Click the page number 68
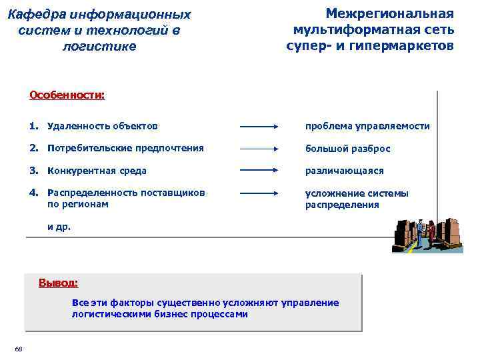pyautogui.click(x=18, y=349)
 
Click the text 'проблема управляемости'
pyautogui.click(x=367, y=126)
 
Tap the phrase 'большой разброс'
pyautogui.click(x=347, y=149)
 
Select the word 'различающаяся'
pyautogui.click(x=344, y=171)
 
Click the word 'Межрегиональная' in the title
pyautogui.click(x=389, y=13)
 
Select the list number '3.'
pyautogui.click(x=34, y=171)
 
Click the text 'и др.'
pyautogui.click(x=58, y=227)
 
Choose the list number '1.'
pyautogui.click(x=34, y=126)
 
